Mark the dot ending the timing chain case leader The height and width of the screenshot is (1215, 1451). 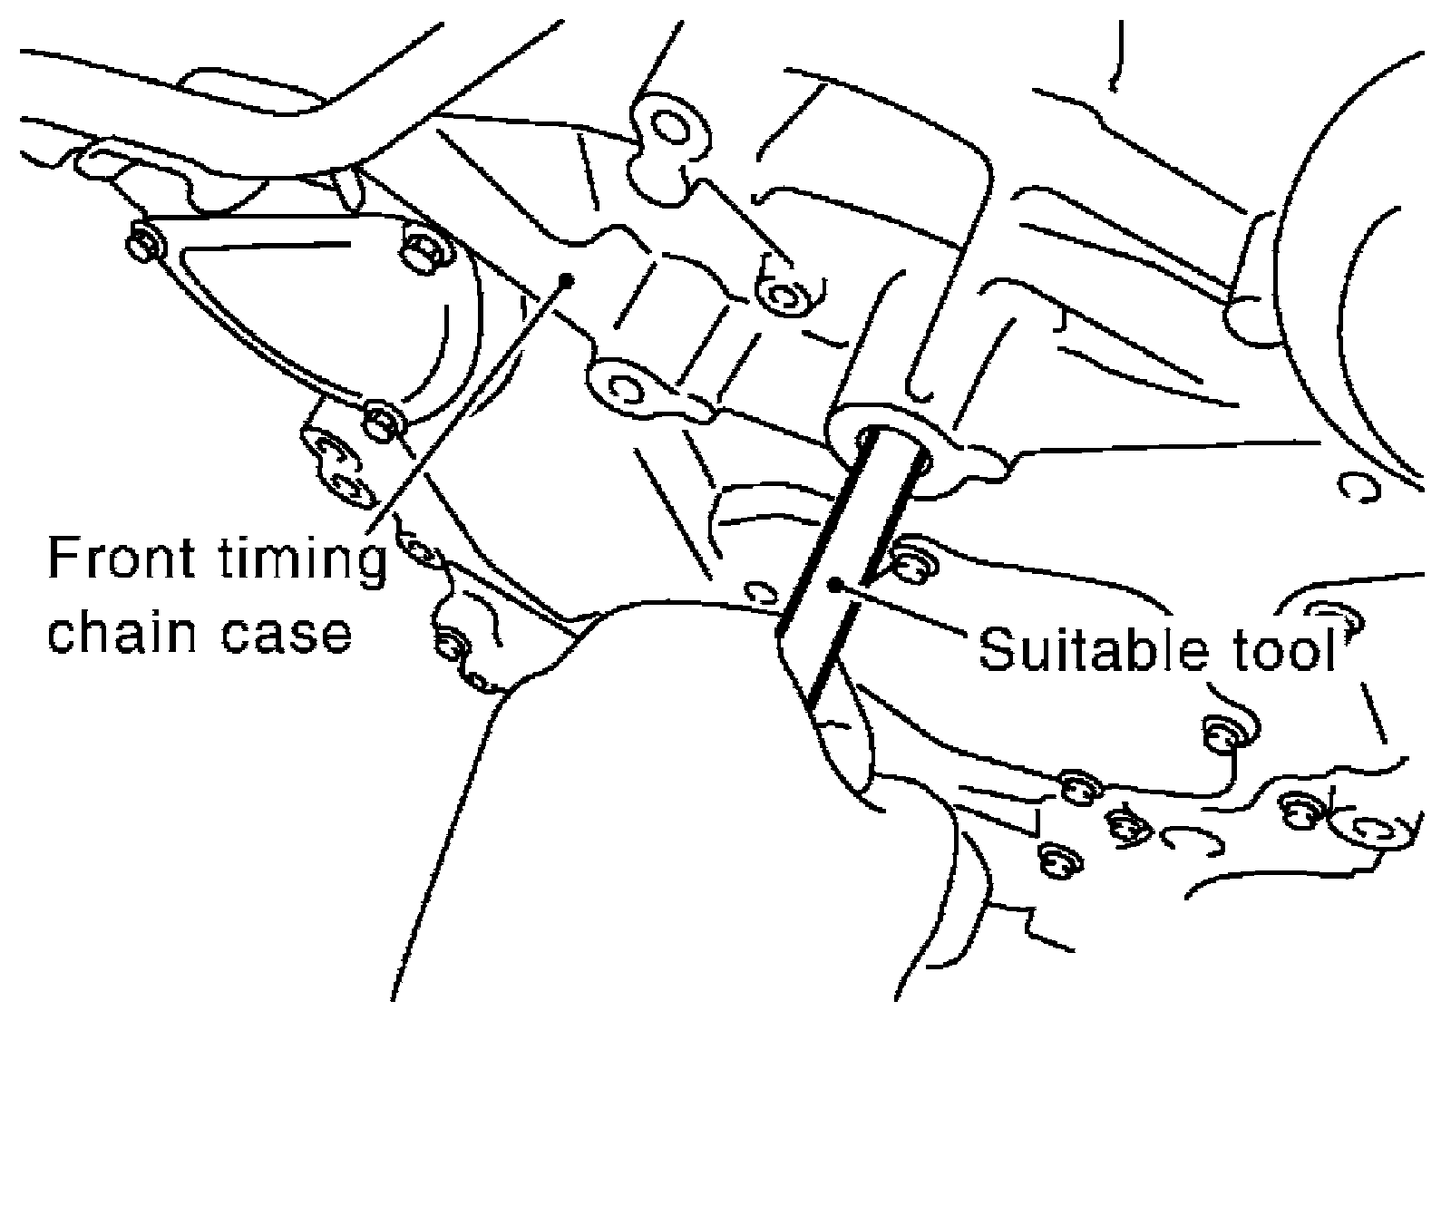tap(567, 279)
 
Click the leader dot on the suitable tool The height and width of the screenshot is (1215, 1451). tap(835, 584)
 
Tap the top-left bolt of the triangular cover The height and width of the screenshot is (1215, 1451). tap(145, 245)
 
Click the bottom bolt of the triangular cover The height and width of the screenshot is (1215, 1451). tap(385, 423)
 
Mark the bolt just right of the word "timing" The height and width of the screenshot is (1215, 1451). tap(419, 550)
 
